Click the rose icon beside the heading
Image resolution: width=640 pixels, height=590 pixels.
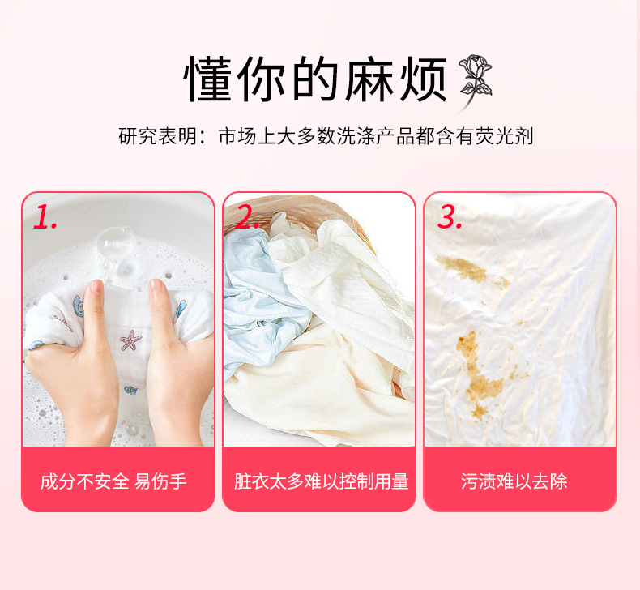click(x=476, y=79)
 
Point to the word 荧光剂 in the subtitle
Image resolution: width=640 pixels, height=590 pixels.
click(x=508, y=136)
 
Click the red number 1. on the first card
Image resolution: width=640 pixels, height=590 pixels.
click(x=45, y=216)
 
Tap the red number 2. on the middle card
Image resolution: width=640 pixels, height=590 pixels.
click(x=247, y=216)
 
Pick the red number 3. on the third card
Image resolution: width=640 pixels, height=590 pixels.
click(x=450, y=216)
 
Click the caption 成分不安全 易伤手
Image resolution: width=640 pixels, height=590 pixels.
click(x=113, y=481)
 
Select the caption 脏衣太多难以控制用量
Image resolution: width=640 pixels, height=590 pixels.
click(x=321, y=481)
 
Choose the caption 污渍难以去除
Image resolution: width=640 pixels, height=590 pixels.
click(x=514, y=481)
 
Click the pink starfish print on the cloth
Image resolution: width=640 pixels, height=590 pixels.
click(x=130, y=340)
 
